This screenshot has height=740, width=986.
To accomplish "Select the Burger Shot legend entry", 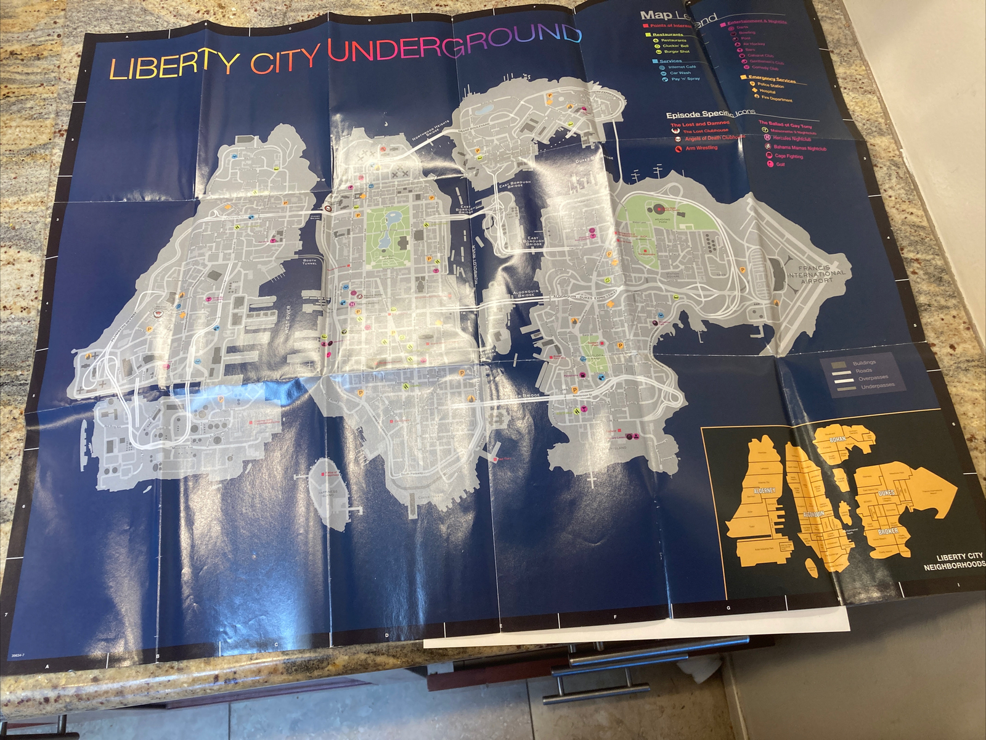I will (676, 52).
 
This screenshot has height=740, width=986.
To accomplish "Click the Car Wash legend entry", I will (680, 73).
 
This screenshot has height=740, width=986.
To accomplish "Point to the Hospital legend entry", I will (767, 91).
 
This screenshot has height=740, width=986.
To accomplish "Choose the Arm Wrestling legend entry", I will (701, 148).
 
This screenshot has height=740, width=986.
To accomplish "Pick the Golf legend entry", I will (780, 165).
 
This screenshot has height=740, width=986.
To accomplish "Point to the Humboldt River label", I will (475, 265).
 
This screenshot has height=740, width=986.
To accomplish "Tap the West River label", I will (288, 319).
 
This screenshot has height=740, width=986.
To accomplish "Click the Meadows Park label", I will (662, 220).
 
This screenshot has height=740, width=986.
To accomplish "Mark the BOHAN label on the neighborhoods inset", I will (837, 440).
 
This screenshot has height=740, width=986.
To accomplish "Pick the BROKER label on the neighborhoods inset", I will (888, 532).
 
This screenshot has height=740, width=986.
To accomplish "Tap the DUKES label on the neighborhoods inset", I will (886, 493).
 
